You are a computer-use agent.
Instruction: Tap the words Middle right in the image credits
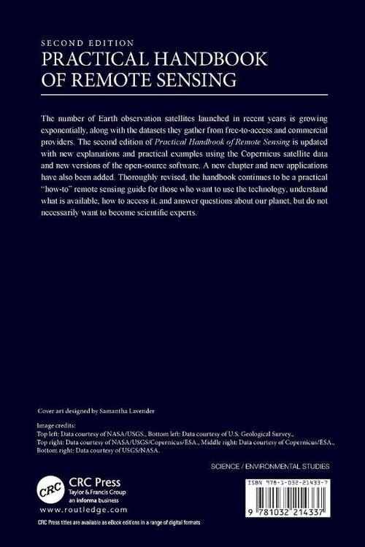click(x=229, y=441)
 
